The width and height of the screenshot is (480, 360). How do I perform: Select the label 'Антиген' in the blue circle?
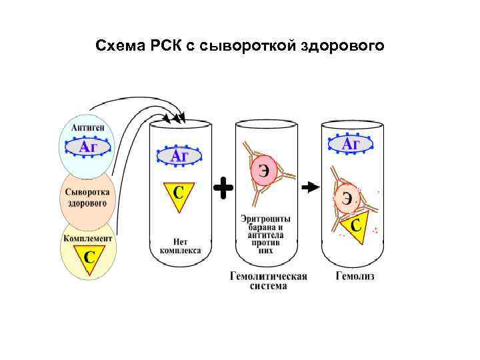tap(87, 126)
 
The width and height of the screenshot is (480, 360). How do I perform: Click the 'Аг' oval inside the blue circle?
tap(87, 147)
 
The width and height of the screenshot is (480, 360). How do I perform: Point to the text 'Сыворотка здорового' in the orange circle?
tap(87, 198)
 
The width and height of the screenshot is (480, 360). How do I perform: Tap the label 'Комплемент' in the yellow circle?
tap(87, 237)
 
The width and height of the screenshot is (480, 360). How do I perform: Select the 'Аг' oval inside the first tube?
tap(179, 156)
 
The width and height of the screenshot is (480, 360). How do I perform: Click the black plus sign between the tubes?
tap(223, 189)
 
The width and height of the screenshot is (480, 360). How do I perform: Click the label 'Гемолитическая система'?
tap(269, 281)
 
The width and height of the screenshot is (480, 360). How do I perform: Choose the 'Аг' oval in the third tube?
tap(351, 145)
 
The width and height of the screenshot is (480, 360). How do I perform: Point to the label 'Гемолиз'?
tap(355, 275)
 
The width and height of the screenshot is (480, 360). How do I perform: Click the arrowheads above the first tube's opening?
tap(179, 119)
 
